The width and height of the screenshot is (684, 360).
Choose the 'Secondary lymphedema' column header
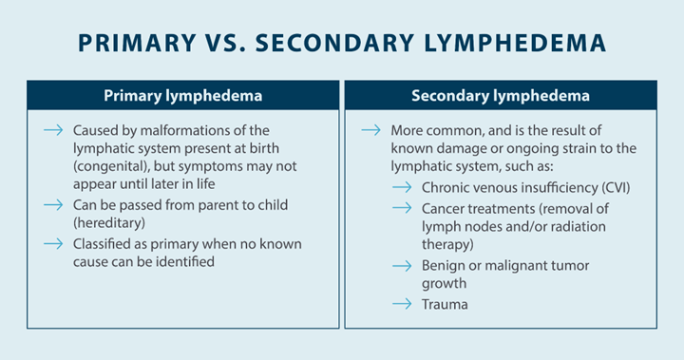pos(501,96)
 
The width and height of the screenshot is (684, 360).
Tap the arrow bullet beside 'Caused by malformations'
pos(55,130)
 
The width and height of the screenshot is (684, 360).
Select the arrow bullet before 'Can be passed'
pos(55,204)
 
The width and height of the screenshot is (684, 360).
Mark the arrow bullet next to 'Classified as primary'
pos(55,243)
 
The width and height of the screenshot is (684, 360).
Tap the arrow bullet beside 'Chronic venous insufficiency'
pos(403,187)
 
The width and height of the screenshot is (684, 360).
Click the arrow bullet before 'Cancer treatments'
pos(403,208)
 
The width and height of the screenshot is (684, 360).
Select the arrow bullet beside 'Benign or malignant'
pos(403,266)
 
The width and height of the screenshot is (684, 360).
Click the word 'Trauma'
pos(445,305)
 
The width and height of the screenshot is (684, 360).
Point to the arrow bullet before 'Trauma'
pos(403,305)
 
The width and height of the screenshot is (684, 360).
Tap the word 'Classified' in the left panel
pos(104,243)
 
